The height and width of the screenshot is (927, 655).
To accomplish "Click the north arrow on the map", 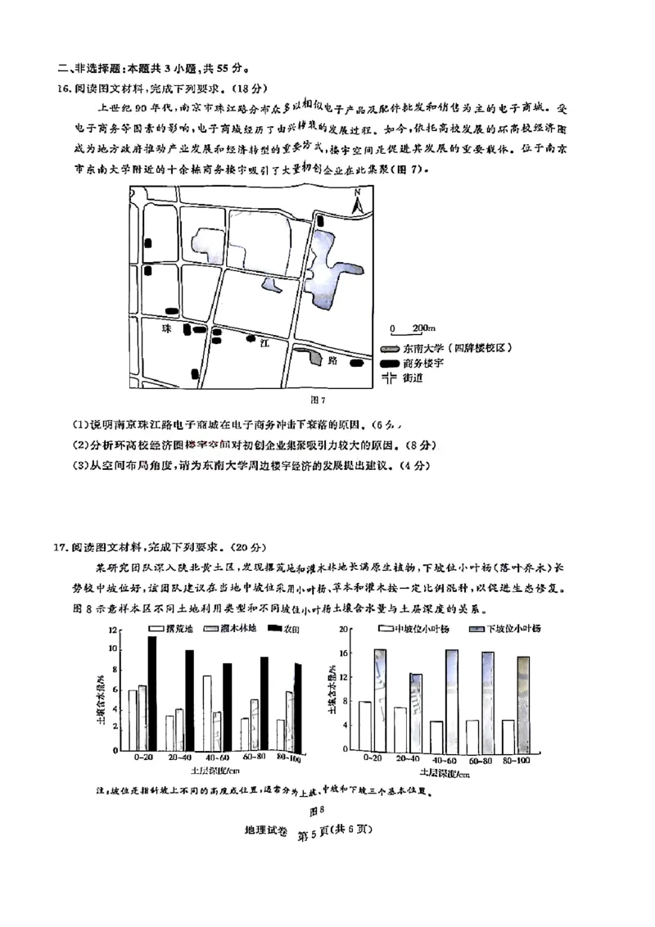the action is click(x=357, y=201).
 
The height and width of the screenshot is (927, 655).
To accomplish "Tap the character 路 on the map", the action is click(x=332, y=359).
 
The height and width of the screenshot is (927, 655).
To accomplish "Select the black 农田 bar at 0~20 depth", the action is click(x=152, y=694).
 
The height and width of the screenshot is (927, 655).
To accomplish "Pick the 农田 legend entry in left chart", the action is click(x=282, y=628).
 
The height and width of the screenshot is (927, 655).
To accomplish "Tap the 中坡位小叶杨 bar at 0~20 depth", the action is click(x=365, y=726).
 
